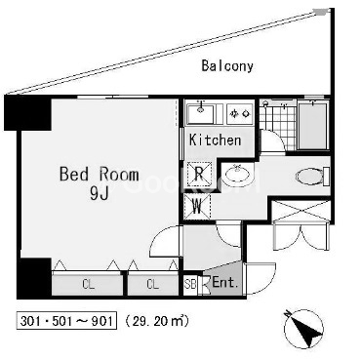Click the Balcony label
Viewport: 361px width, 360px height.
pos(227,65)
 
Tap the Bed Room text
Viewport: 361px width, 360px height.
pos(100,175)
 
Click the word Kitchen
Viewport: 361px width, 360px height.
pos(216,140)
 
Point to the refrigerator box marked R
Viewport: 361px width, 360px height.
pos(198,174)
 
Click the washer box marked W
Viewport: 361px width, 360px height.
pos(197,207)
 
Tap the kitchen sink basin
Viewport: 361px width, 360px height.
pos(201,113)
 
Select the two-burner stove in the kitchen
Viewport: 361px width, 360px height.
pos(240,113)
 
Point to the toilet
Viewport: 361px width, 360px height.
pos(312,177)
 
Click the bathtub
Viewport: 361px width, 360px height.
pos(312,125)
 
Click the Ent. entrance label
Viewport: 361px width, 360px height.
pos(225,283)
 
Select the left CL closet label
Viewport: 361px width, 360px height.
pos(88,285)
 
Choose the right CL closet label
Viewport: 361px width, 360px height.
pos(152,285)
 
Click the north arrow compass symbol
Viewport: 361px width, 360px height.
pos(303,328)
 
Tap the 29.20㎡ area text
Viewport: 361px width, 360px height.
pos(157,321)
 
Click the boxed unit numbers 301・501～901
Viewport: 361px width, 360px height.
pos(66,321)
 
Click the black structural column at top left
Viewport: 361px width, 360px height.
pos(27,113)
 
